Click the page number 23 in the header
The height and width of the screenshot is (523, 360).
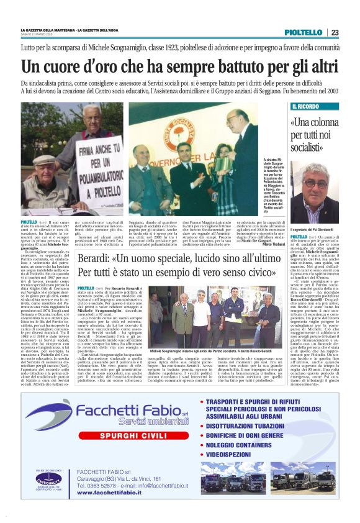click(335, 32)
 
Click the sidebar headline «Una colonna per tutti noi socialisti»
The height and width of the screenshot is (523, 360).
click(315, 133)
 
